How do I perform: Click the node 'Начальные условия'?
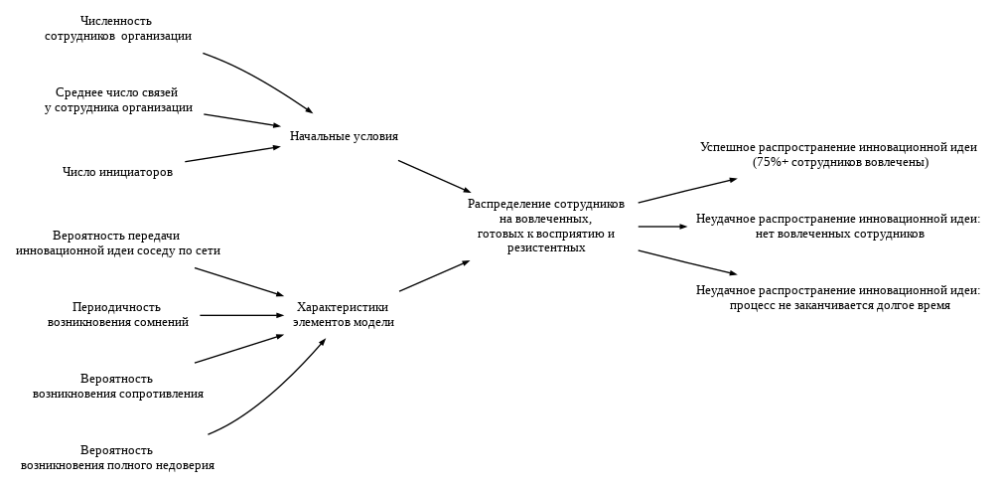pyautogui.click(x=344, y=136)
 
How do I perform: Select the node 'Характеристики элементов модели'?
pyautogui.click(x=343, y=314)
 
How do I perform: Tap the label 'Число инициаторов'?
pyautogui.click(x=117, y=172)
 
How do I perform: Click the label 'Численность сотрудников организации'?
pyautogui.click(x=118, y=28)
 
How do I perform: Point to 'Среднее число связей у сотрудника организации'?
pyautogui.click(x=118, y=99)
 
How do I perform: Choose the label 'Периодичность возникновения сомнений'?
pyautogui.click(x=117, y=314)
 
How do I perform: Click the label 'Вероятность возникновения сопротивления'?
pyautogui.click(x=117, y=386)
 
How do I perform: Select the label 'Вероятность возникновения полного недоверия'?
pyautogui.click(x=117, y=457)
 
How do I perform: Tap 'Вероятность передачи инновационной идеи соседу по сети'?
pyautogui.click(x=117, y=243)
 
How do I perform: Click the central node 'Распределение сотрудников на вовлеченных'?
pyautogui.click(x=545, y=226)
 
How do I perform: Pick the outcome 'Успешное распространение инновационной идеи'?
pyautogui.click(x=838, y=147)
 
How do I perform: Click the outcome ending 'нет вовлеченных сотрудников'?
pyautogui.click(x=839, y=234)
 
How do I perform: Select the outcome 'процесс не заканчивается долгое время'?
pyautogui.click(x=839, y=305)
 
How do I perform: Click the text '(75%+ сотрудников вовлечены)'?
pyautogui.click(x=840, y=162)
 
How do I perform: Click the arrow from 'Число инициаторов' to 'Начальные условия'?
pyautogui.click(x=232, y=154)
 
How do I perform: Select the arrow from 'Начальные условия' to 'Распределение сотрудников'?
pyautogui.click(x=434, y=176)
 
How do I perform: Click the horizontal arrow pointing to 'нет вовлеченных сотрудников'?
pyautogui.click(x=661, y=227)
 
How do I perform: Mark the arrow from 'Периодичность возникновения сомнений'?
pyautogui.click(x=241, y=315)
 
